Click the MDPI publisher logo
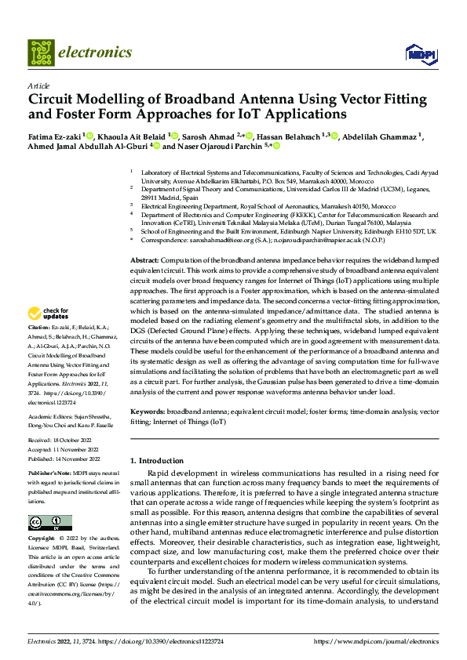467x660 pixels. point(415,53)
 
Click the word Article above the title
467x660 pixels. point(38,85)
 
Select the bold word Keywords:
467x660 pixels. point(147,411)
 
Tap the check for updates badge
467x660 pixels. point(49,312)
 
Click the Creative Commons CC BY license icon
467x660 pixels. point(49,523)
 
